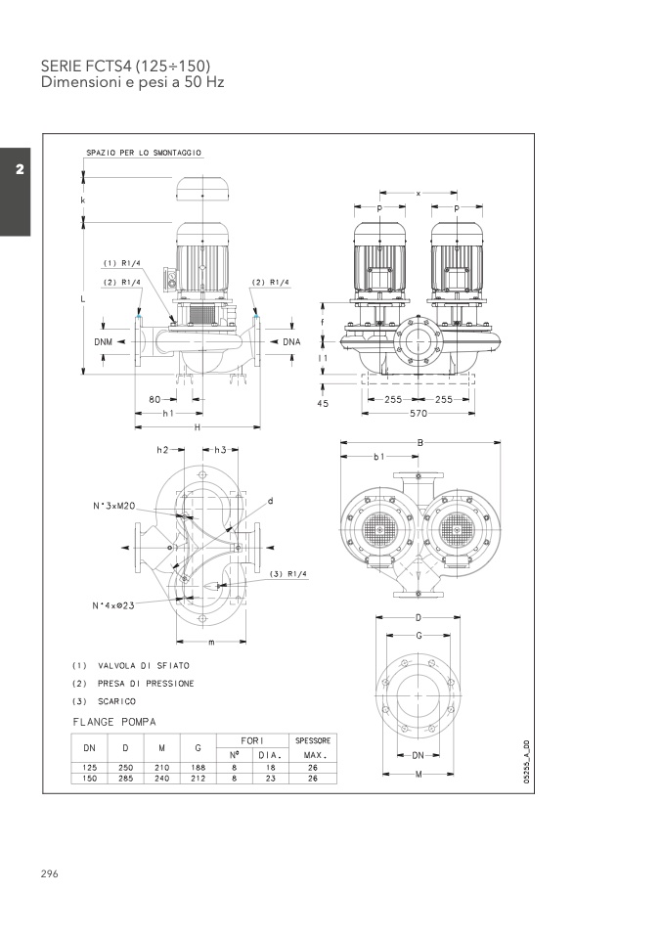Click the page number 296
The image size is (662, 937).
click(x=50, y=873)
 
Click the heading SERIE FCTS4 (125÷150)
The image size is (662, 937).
click(x=125, y=66)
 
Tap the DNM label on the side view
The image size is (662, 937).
click(x=104, y=342)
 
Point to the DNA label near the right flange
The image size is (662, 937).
click(x=291, y=342)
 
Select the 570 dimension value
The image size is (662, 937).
click(x=419, y=413)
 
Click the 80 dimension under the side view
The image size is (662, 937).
click(x=154, y=399)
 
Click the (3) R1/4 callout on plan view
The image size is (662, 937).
click(x=289, y=574)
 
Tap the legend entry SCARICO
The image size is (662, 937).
click(x=115, y=701)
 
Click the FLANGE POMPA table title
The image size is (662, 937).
click(x=114, y=722)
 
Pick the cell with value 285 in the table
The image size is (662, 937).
click(x=125, y=778)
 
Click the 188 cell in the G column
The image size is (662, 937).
click(x=198, y=768)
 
